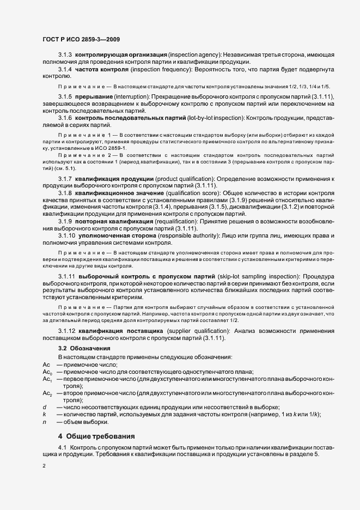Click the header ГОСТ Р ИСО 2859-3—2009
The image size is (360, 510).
[81, 39]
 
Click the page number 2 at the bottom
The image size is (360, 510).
[45, 466]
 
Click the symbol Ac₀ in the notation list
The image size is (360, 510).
[47, 372]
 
